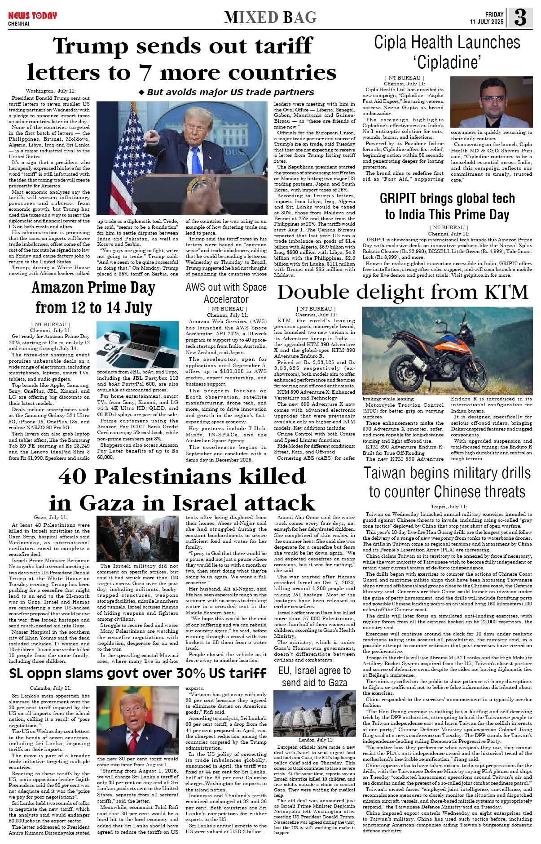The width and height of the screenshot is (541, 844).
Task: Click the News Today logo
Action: point(32,16)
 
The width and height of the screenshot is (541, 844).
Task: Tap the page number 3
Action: point(520,18)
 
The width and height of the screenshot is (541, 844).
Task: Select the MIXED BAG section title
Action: point(270,18)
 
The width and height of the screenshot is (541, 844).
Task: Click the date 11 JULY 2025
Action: point(487,22)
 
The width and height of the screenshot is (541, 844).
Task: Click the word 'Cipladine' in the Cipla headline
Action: point(447,62)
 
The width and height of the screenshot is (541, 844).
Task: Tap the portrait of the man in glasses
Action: point(491,102)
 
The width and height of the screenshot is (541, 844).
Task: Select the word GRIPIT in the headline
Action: point(402,198)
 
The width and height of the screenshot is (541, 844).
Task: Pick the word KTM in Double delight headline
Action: point(506,293)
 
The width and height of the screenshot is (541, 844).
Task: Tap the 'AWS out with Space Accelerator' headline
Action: point(226,293)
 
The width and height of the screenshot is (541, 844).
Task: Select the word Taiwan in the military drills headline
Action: point(388,473)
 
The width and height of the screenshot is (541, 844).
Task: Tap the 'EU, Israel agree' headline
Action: point(314,676)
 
